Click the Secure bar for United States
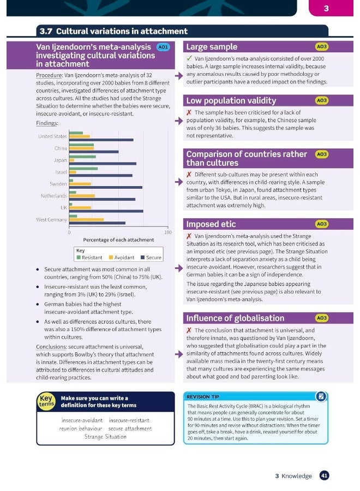101,140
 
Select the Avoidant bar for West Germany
86,219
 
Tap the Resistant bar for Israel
83,169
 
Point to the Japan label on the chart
60,160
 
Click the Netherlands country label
53,196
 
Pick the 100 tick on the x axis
167,232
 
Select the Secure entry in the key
151,258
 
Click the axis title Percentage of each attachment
118,240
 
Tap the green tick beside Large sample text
189,58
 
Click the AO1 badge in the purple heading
163,47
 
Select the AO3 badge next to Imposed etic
322,224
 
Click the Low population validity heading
231,100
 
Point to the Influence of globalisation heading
235,318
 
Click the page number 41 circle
324,476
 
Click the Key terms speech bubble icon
46,402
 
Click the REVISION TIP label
204,397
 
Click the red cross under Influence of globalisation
189,331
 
